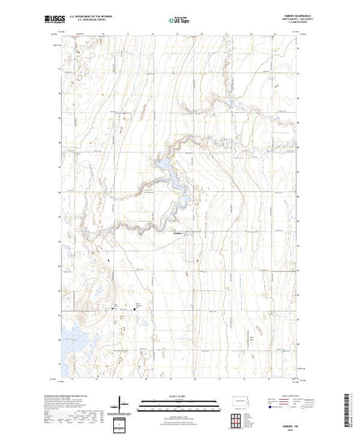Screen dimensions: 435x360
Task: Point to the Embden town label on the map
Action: tap(178, 233)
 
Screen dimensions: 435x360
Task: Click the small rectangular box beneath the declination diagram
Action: tap(122, 423)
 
